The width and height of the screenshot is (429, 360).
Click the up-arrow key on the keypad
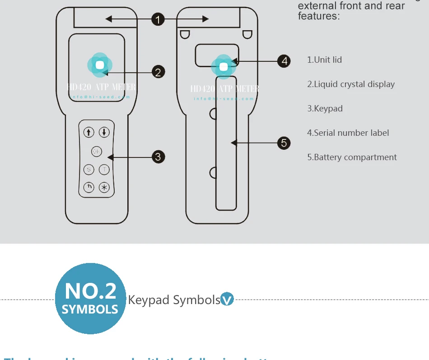click(89, 132)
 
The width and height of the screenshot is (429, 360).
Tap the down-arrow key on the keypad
click(104, 132)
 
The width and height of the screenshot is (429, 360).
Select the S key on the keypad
click(89, 170)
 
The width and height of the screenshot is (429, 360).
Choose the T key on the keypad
click(104, 170)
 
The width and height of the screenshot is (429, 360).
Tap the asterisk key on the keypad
click(104, 187)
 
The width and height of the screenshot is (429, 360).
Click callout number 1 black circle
click(158, 19)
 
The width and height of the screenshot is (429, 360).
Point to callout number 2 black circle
click(158, 72)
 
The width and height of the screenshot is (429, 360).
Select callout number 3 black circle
click(158, 157)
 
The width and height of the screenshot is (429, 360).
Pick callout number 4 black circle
click(284, 61)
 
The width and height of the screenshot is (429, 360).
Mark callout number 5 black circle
click(284, 143)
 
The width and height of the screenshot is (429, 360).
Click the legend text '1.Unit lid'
click(324, 60)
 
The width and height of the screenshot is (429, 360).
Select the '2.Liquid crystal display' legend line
click(351, 84)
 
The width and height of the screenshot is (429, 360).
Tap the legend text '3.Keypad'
click(325, 109)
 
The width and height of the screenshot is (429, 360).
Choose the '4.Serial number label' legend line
click(348, 133)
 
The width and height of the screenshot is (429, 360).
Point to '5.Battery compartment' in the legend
click(352, 157)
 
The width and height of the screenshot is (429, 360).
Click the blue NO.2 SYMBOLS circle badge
click(90, 299)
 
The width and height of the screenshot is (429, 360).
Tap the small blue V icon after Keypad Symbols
click(227, 299)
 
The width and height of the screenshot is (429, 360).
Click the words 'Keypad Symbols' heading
click(174, 300)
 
